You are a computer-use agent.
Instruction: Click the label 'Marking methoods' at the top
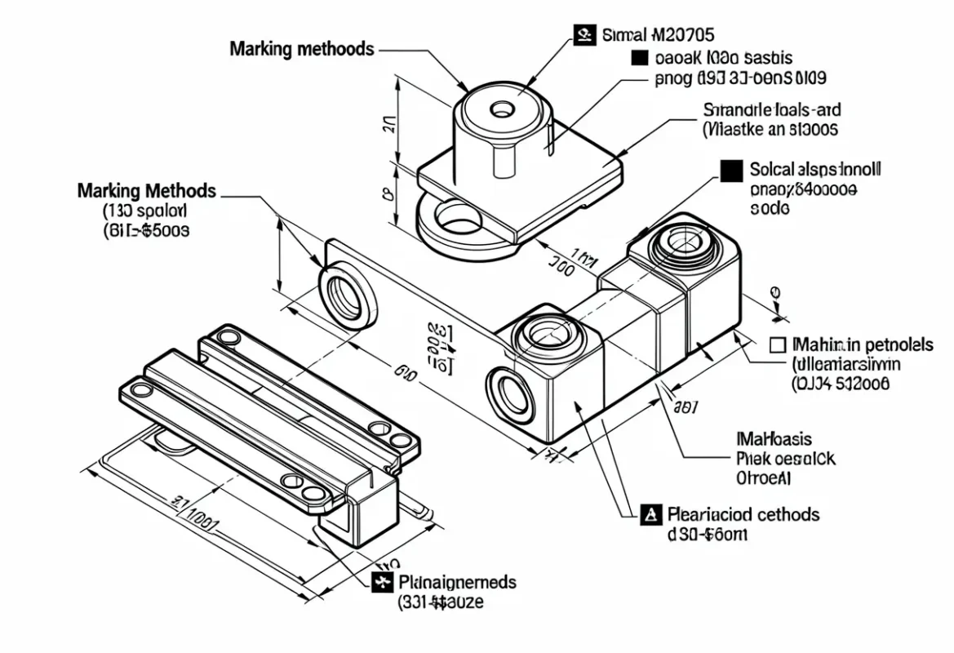(301, 48)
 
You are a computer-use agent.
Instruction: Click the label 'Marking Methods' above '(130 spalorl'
(147, 191)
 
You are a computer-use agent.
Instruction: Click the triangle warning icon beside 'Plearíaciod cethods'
(650, 514)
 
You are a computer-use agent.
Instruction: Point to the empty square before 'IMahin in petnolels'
(778, 345)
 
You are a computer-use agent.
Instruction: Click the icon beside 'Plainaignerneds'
(381, 582)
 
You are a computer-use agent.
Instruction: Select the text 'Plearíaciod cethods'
(743, 514)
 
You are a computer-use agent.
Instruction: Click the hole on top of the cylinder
(499, 109)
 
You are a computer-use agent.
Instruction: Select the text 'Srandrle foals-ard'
(772, 109)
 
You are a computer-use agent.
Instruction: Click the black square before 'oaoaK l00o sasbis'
(641, 58)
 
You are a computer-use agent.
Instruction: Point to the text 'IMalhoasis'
(774, 440)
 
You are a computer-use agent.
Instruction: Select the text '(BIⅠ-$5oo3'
(148, 230)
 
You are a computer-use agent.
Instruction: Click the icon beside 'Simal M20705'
(583, 35)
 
